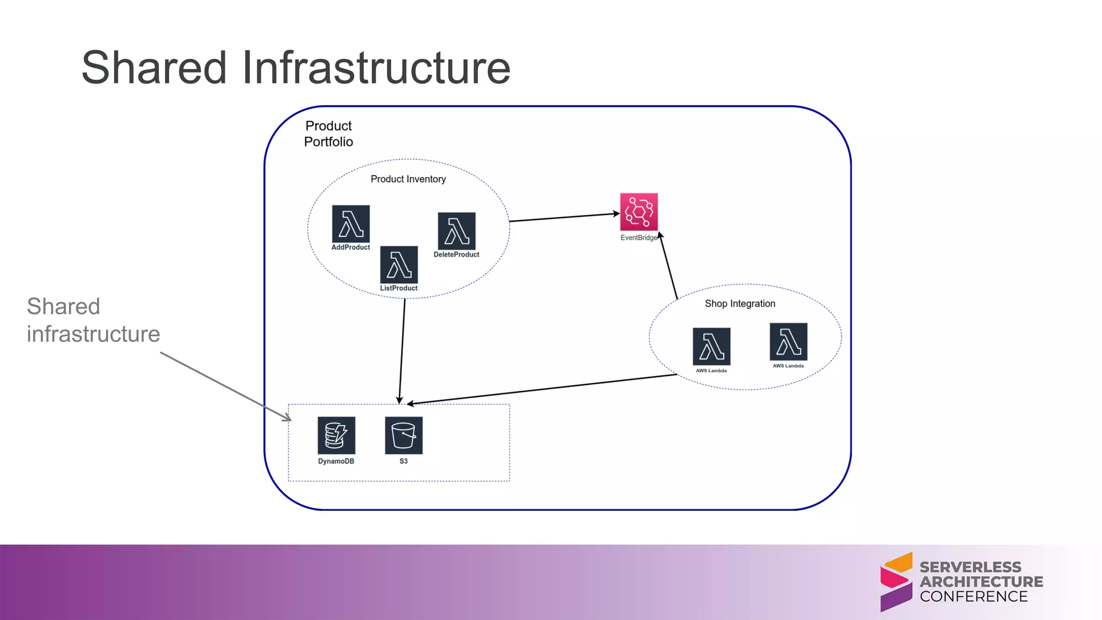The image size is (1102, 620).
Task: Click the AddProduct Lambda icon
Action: pyautogui.click(x=351, y=224)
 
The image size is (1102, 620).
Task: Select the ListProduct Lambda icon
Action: pyautogui.click(x=399, y=265)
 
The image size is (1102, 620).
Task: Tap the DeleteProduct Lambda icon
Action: pyautogui.click(x=456, y=231)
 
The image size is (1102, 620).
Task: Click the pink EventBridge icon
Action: pyautogui.click(x=639, y=212)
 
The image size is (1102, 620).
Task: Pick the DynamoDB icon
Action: pyautogui.click(x=336, y=435)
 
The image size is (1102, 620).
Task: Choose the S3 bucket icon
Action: pyautogui.click(x=404, y=435)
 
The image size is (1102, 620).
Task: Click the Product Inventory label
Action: pyautogui.click(x=408, y=179)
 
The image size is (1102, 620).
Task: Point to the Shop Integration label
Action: pyautogui.click(x=740, y=304)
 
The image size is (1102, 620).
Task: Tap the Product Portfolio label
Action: pyautogui.click(x=328, y=133)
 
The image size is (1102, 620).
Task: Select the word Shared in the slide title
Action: pyautogui.click(x=154, y=68)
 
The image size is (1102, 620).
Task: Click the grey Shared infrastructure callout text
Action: pyautogui.click(x=93, y=320)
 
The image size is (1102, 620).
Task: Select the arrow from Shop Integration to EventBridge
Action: pyautogui.click(x=668, y=266)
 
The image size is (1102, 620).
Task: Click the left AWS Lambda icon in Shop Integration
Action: pyautogui.click(x=711, y=347)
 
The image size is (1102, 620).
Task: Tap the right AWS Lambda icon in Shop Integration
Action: pyautogui.click(x=788, y=342)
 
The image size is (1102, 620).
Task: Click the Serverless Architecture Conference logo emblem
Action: pyautogui.click(x=896, y=582)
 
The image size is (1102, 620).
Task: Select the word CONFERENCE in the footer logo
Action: pyautogui.click(x=973, y=596)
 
